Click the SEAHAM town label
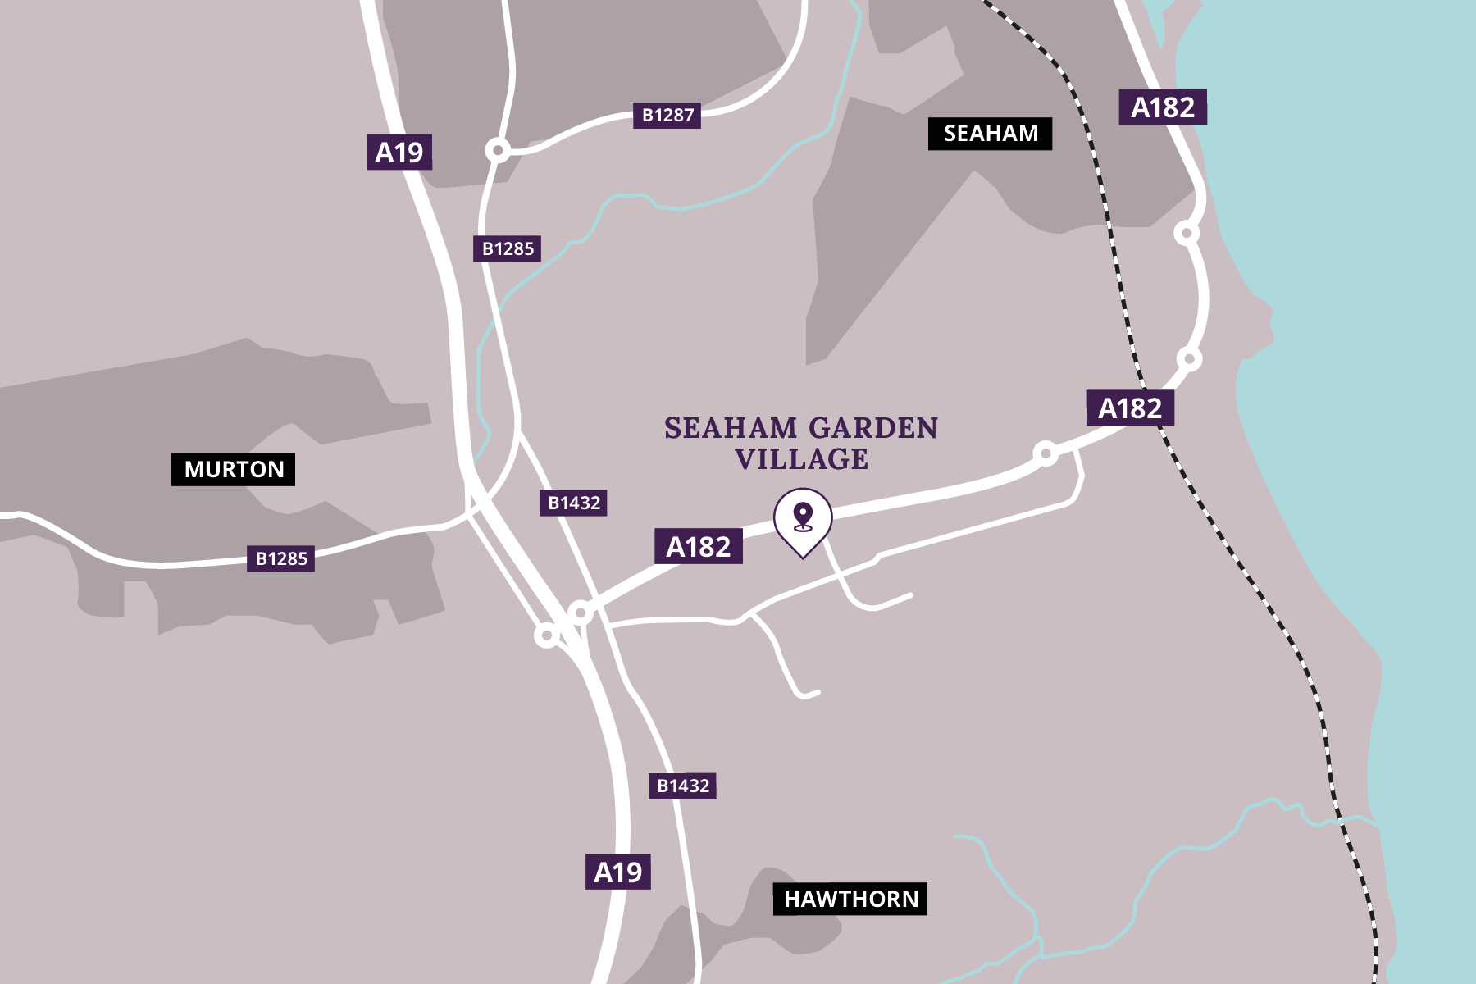coord(990,134)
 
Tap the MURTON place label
coord(233,470)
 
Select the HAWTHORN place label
coord(850,900)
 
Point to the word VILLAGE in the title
coord(801,459)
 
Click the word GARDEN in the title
coord(873,428)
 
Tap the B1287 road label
coord(667,116)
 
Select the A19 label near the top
coord(399,153)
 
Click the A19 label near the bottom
coord(617,872)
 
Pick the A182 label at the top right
coord(1162,107)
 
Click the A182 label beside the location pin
coord(698,547)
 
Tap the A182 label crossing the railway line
coord(1130,408)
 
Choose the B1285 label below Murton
coord(281,559)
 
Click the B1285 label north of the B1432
coord(507,249)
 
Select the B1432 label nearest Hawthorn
coord(682,786)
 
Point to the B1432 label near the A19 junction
coord(573,503)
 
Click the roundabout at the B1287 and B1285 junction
coord(498,151)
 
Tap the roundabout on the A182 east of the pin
coord(1045,453)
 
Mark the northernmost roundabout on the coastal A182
coord(1187,234)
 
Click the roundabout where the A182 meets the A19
coord(581,613)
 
